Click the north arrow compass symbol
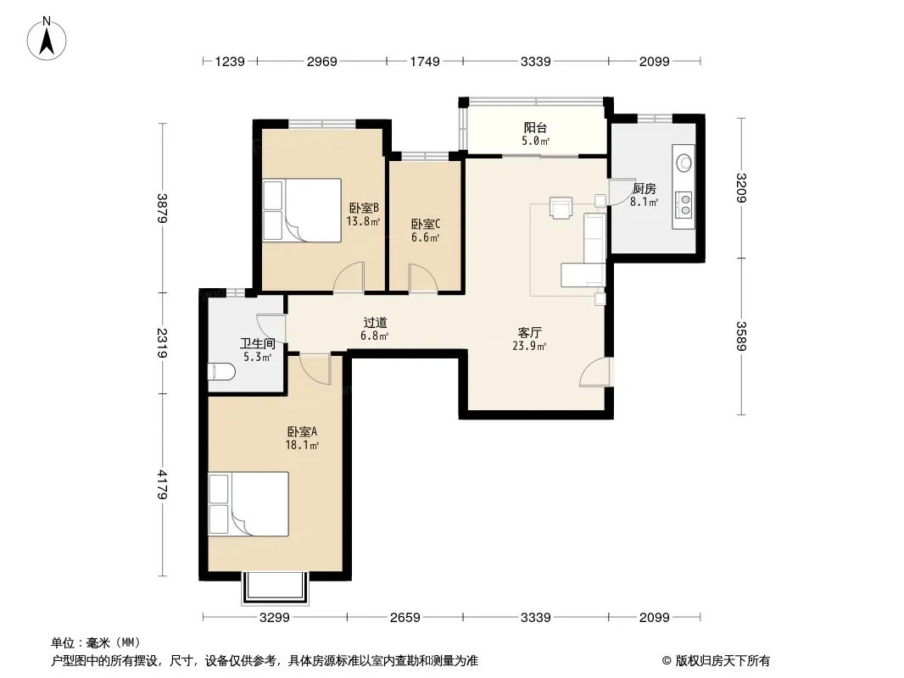tap(47, 39)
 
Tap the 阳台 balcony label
tap(535, 127)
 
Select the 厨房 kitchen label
tap(644, 188)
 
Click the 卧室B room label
tap(364, 208)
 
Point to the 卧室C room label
tap(426, 224)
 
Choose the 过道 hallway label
tap(375, 323)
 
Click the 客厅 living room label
tap(529, 332)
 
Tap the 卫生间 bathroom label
tap(257, 344)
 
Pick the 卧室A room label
tap(302, 431)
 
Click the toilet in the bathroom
tap(221, 372)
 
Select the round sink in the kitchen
tap(684, 163)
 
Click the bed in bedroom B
tap(302, 209)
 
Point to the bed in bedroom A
tap(248, 504)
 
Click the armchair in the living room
tap(561, 208)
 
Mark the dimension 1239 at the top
tap(230, 61)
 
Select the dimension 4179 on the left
tap(163, 485)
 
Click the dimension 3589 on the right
tap(741, 336)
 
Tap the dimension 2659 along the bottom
tap(405, 618)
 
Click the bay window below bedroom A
tap(276, 588)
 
